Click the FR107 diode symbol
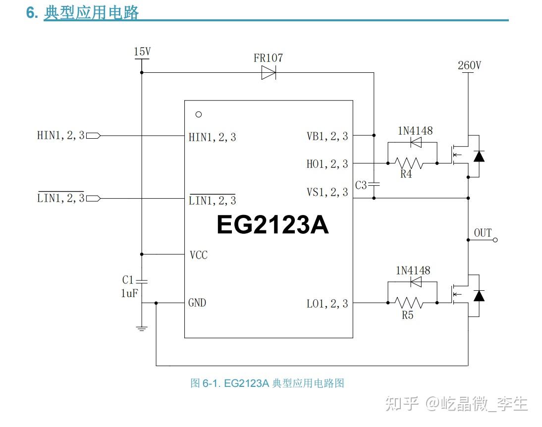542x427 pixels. [x=268, y=73]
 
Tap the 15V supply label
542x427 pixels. [x=142, y=52]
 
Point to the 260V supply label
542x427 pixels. [x=469, y=65]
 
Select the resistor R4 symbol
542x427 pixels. [x=409, y=162]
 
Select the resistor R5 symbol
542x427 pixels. [x=409, y=302]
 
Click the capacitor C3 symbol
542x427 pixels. [x=374, y=184]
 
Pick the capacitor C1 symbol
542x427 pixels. [x=142, y=281]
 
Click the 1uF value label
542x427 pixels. [x=129, y=293]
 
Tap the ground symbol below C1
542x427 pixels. [x=142, y=328]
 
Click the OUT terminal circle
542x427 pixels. [x=494, y=240]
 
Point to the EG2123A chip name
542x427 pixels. [x=272, y=225]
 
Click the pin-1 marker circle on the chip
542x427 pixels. [x=199, y=114]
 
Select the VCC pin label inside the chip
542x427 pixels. [x=198, y=255]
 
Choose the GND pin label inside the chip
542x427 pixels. [x=197, y=303]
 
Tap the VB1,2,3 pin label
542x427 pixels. [x=327, y=136]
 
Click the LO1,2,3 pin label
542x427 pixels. [x=327, y=304]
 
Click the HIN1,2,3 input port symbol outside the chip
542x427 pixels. [x=93, y=135]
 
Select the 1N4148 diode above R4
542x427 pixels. [x=416, y=143]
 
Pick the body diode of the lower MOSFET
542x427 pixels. [x=479, y=296]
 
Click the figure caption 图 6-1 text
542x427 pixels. [x=267, y=383]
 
